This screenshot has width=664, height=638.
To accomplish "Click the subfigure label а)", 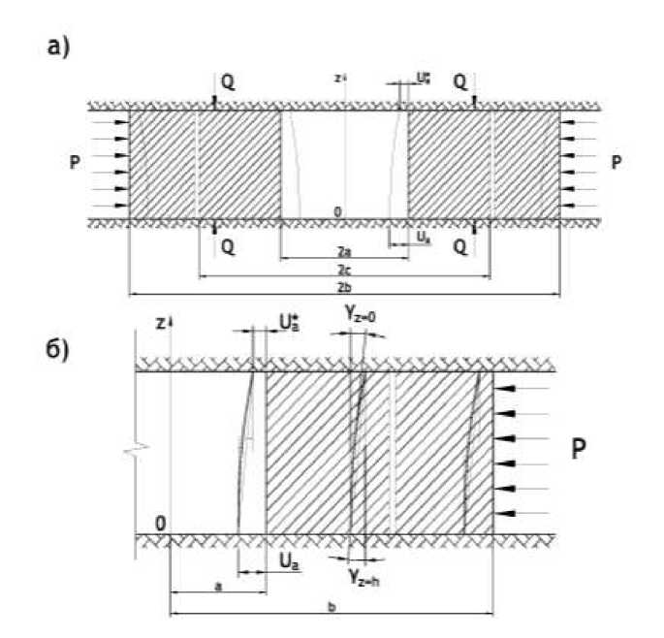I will point(60,47).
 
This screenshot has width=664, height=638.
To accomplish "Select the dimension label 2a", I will point(332,250).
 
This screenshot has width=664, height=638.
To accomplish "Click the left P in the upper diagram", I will point(74,163).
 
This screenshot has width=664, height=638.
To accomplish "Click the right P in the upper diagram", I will point(617,163).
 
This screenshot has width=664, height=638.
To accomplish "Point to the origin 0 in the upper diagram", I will point(336,211).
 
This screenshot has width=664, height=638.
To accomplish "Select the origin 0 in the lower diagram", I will point(160,525).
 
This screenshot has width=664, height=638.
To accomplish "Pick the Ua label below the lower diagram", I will point(287,561).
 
